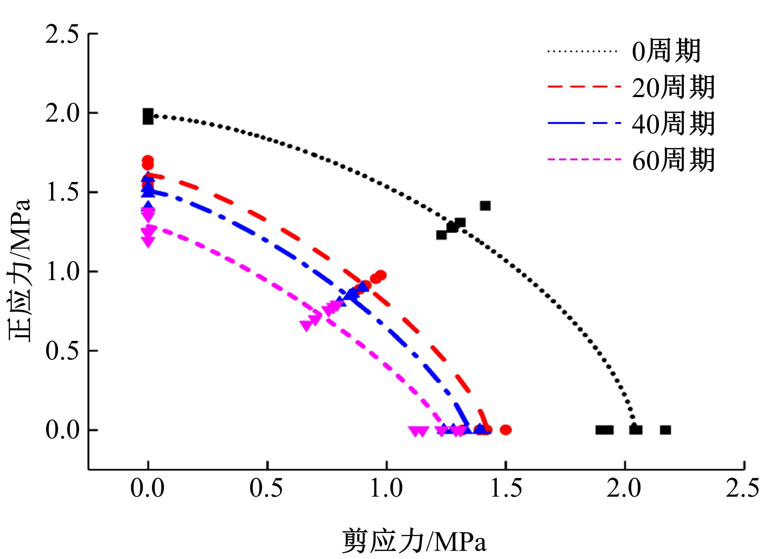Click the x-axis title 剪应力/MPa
coord(414,541)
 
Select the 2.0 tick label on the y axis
coord(62,114)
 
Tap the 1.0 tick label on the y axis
coord(62,272)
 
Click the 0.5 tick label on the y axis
coord(62,351)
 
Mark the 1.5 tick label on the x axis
coord(505,488)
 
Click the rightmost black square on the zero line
coord(665,430)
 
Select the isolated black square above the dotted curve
coord(485,206)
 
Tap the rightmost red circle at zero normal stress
coord(506,430)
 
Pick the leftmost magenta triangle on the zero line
coord(414,431)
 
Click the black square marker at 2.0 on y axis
coord(148,117)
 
